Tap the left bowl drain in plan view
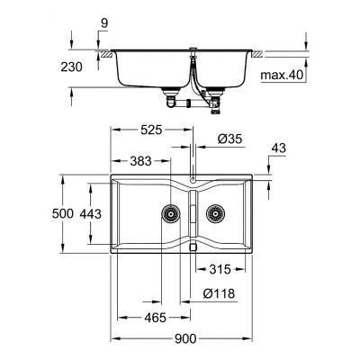pyautogui.click(x=167, y=213)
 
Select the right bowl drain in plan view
pyautogui.click(x=216, y=213)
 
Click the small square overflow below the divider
pyautogui.click(x=193, y=246)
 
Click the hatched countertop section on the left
pyautogui.click(x=106, y=56)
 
